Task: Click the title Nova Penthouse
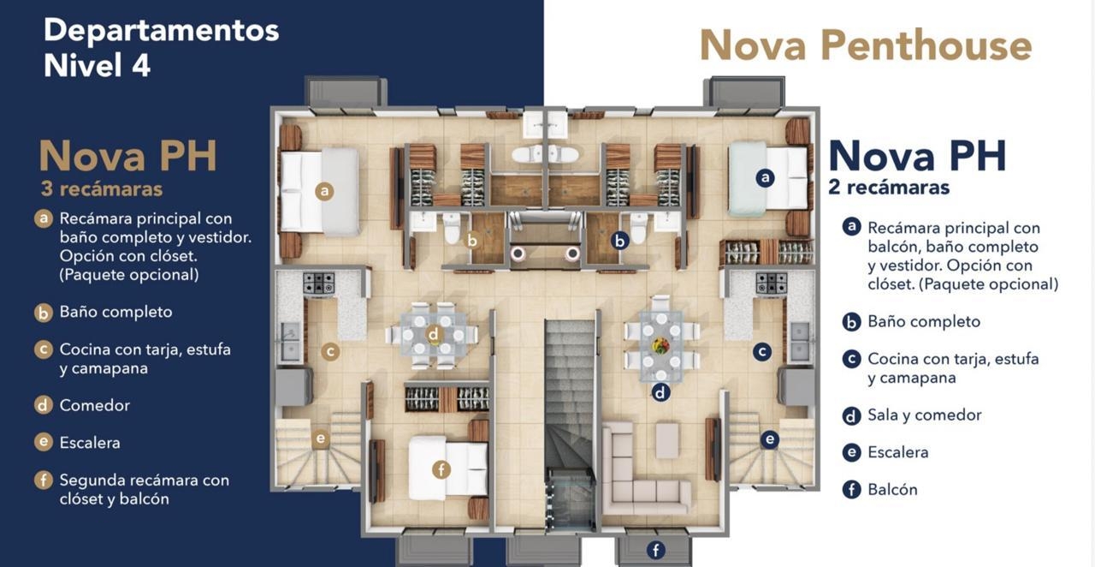pyautogui.click(x=866, y=45)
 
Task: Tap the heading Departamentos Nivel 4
pyautogui.click(x=162, y=47)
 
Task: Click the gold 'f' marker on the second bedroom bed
pyautogui.click(x=441, y=470)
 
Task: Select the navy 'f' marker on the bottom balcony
pyautogui.click(x=655, y=550)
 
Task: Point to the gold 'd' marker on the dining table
pyautogui.click(x=433, y=335)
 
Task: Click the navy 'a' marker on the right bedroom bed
pyautogui.click(x=765, y=177)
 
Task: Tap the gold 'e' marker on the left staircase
pyautogui.click(x=320, y=438)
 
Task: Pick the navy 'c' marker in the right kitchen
pyautogui.click(x=762, y=351)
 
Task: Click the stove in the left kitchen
pyautogui.click(x=318, y=283)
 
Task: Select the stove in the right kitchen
pyautogui.click(x=772, y=283)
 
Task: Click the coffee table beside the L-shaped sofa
pyautogui.click(x=666, y=440)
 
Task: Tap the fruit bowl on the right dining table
pyautogui.click(x=661, y=345)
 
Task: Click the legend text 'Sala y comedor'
pyautogui.click(x=925, y=415)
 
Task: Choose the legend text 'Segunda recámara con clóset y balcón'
pyautogui.click(x=145, y=489)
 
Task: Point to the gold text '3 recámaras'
pyautogui.click(x=102, y=189)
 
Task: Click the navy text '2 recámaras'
pyautogui.click(x=889, y=187)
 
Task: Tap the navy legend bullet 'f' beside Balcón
pyautogui.click(x=851, y=490)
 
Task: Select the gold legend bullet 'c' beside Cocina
pyautogui.click(x=44, y=349)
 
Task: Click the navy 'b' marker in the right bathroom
pyautogui.click(x=620, y=241)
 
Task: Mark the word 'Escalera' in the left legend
pyautogui.click(x=90, y=443)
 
